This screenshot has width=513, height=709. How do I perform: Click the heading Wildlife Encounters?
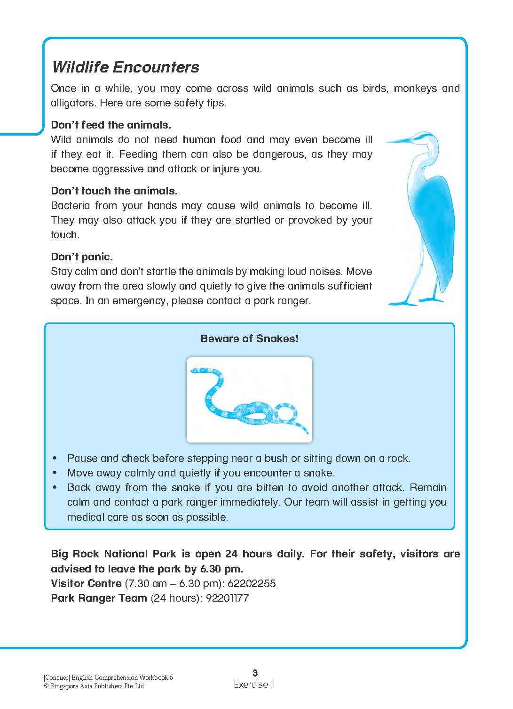[x=125, y=67]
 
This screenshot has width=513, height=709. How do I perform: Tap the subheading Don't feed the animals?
[x=110, y=125]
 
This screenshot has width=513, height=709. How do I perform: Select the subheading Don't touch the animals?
[x=114, y=191]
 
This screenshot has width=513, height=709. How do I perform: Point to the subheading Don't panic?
[x=82, y=257]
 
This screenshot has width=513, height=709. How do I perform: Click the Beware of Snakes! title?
[x=249, y=338]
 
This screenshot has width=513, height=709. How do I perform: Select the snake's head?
[x=194, y=371]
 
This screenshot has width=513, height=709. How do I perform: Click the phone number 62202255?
[x=252, y=584]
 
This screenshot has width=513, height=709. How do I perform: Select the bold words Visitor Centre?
[x=86, y=584]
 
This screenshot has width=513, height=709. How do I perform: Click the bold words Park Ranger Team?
[x=99, y=598]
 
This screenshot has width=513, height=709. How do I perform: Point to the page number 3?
[x=255, y=673]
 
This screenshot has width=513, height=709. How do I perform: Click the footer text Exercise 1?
[x=254, y=685]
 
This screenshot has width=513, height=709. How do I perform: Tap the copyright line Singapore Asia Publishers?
[x=94, y=686]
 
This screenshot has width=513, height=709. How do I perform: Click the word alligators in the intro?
[x=73, y=103]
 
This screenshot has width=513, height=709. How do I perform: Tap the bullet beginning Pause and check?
[x=238, y=459]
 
